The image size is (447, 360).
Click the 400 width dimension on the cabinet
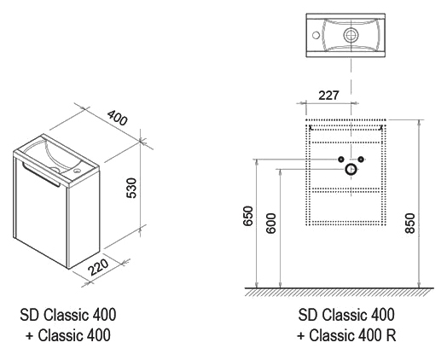pos(117,118)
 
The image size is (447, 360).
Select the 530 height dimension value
pos(131,188)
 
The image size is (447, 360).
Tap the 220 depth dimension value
pos(98,267)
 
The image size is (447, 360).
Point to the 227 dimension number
pos(328,96)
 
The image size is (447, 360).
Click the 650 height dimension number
pos(247,216)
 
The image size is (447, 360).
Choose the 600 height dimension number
pos(270,224)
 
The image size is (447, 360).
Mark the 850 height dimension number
pos(410,223)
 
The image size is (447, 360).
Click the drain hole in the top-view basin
pos(351,35)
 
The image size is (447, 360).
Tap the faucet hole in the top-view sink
pos(316,35)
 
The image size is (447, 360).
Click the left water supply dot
pos(341,160)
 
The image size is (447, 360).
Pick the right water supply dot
pos(361,160)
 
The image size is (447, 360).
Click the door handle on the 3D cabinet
pos(41,175)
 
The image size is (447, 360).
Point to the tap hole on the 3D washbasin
pos(77,171)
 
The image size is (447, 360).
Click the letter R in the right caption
pos(391,335)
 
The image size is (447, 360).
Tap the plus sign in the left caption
pos(29,336)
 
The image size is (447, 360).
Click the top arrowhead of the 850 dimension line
pos(419,123)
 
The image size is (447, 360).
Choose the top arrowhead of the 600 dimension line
pos(281,172)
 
